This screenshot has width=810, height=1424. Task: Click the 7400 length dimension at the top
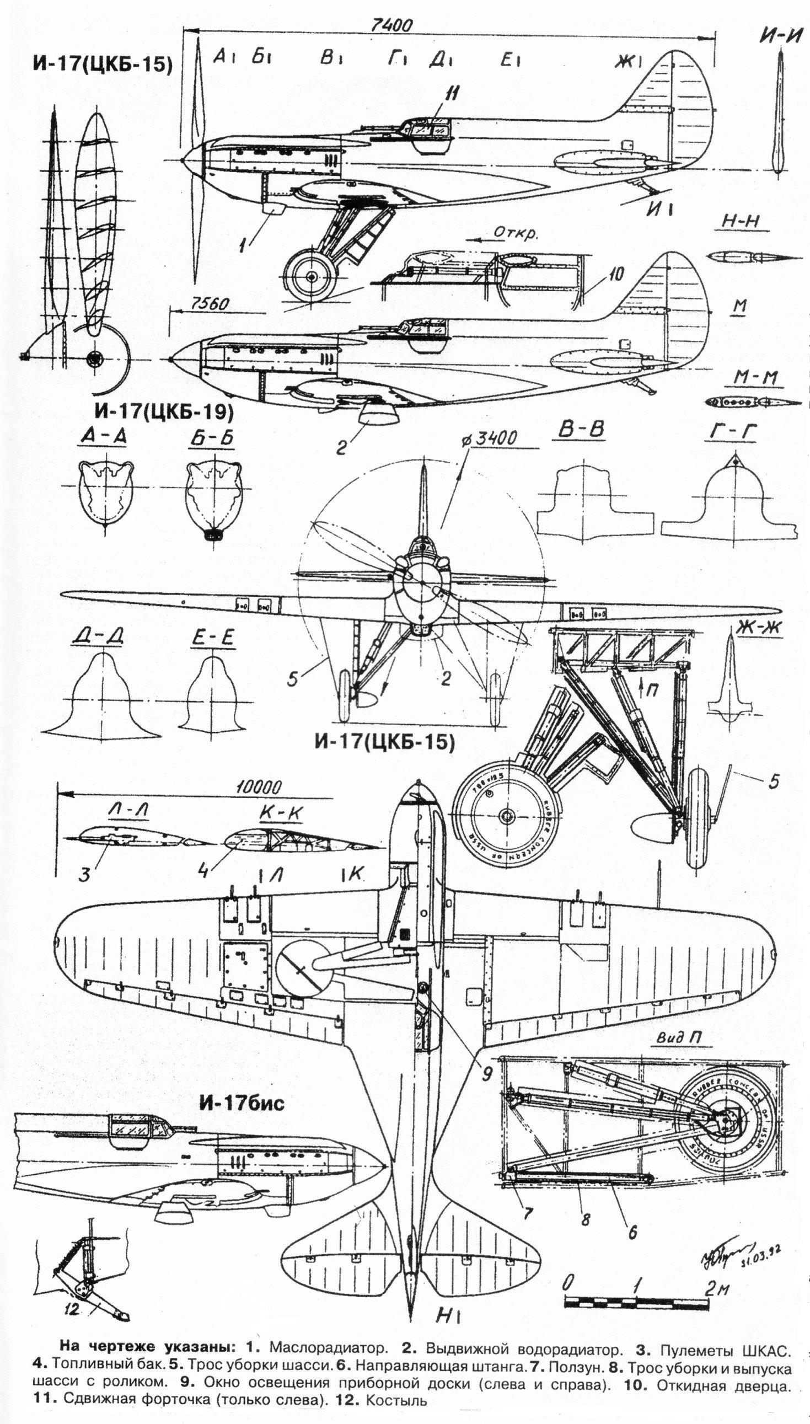point(391,26)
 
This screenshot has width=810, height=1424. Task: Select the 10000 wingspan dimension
point(258,787)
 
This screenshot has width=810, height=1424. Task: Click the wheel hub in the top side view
point(310,276)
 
